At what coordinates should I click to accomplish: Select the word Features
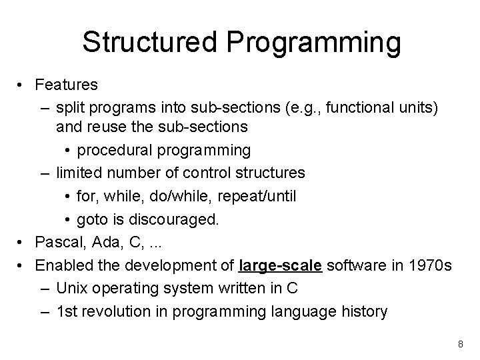click(x=67, y=85)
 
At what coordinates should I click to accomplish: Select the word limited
click(x=78, y=173)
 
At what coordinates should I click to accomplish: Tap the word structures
click(x=269, y=173)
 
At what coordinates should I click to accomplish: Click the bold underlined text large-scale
click(x=280, y=266)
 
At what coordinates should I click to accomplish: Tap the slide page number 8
click(x=459, y=344)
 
